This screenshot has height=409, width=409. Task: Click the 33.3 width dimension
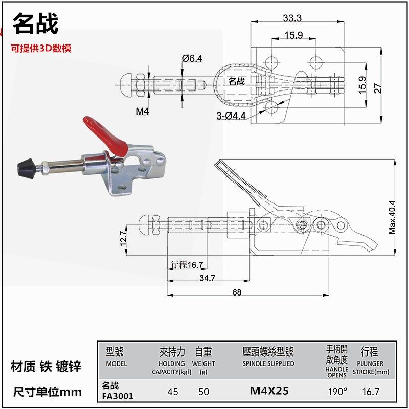point(292,18)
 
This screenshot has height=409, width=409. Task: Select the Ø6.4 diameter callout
point(192,58)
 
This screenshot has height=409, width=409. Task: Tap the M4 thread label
point(142,111)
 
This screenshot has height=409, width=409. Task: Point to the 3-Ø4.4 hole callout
point(231,116)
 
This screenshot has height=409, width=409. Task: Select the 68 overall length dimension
point(237,292)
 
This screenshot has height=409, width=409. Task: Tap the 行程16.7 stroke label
point(187,264)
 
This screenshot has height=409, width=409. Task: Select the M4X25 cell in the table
point(269,391)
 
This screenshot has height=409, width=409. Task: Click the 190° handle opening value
point(337,392)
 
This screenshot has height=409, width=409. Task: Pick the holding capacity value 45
point(173,392)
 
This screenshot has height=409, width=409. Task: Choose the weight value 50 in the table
point(204,392)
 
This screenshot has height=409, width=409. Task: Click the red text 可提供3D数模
point(41,49)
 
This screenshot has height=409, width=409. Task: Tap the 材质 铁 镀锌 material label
point(46,367)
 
